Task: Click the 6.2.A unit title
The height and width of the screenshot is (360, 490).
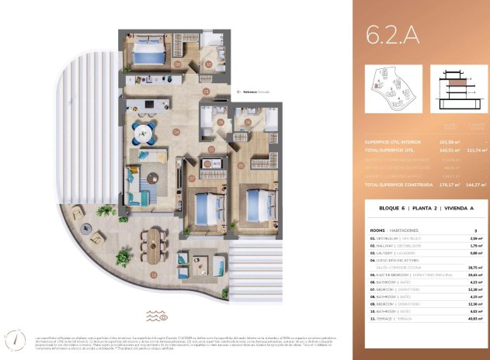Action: (x=393, y=34)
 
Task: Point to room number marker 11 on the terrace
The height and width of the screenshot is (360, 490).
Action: (x=155, y=274)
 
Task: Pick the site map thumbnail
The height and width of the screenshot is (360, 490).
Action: (x=393, y=88)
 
